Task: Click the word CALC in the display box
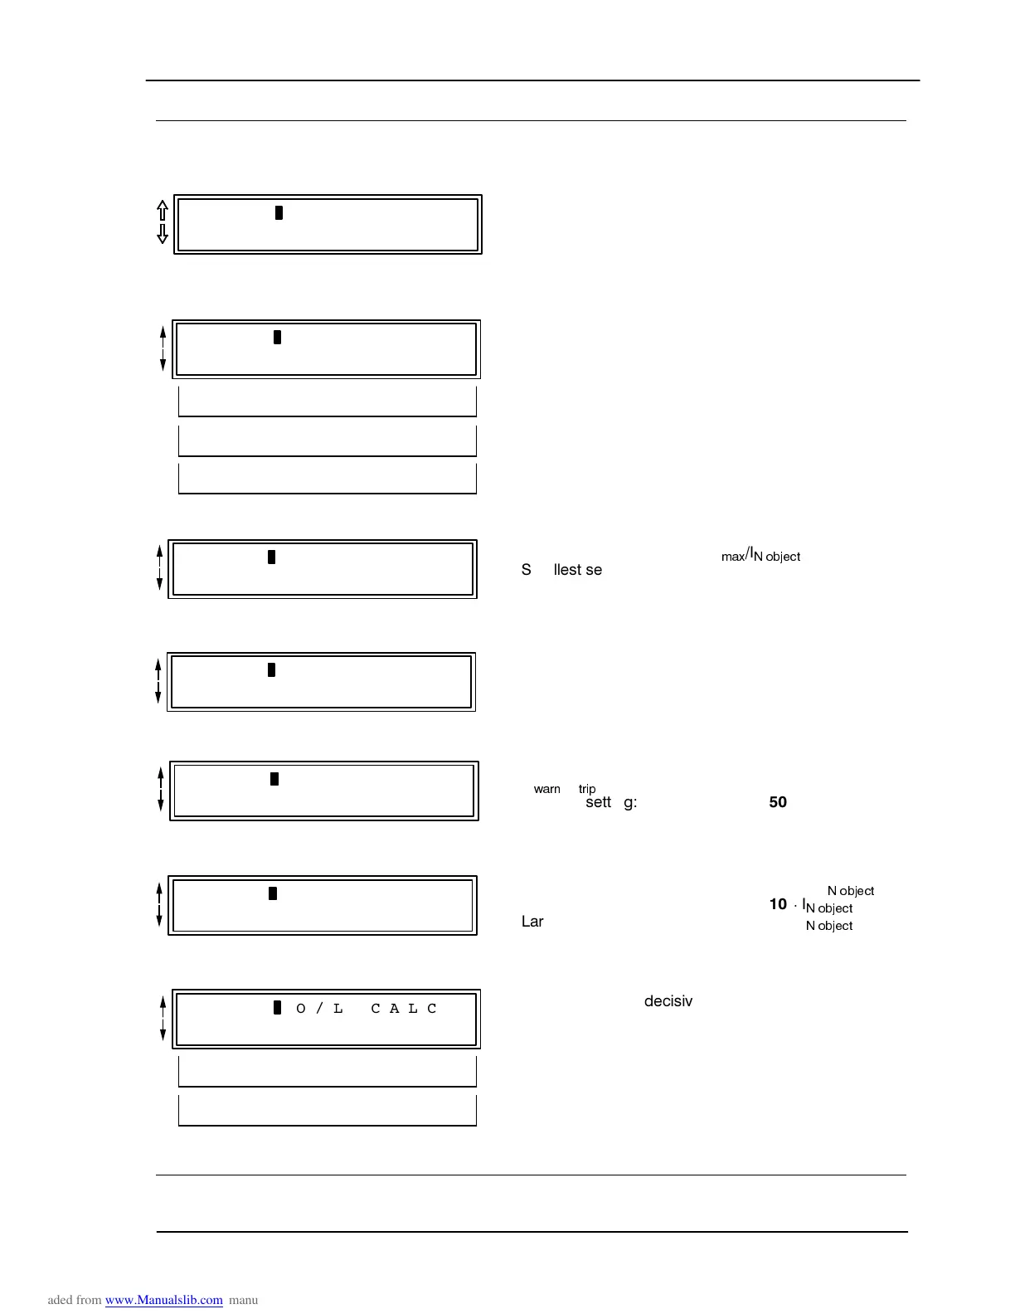(x=404, y=1009)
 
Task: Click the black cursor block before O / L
(x=278, y=1008)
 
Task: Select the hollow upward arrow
(x=163, y=210)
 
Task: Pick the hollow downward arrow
(x=163, y=234)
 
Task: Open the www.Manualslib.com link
(x=163, y=1300)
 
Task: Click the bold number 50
(x=778, y=802)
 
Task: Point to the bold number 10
(x=778, y=904)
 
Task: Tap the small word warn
(x=546, y=789)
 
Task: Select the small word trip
(x=587, y=789)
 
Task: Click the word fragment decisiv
(x=668, y=1001)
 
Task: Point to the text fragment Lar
(x=532, y=922)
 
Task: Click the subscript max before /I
(x=733, y=557)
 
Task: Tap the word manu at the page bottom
(x=244, y=1300)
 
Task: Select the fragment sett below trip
(x=598, y=802)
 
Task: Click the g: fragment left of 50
(x=630, y=803)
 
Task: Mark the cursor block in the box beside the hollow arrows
(x=279, y=212)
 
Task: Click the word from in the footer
(x=89, y=1300)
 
